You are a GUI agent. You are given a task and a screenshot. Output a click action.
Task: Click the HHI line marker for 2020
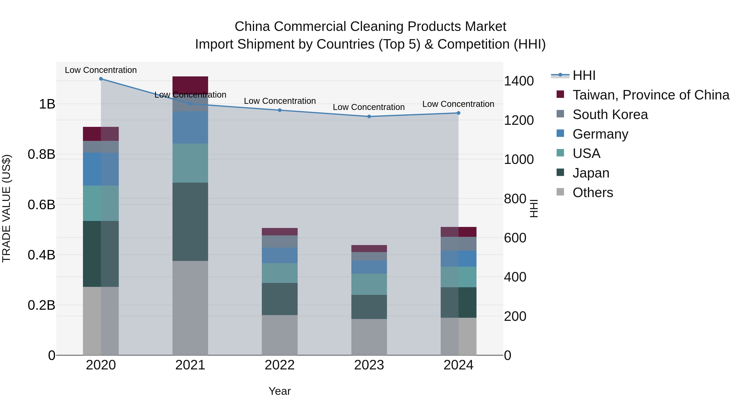coord(101,79)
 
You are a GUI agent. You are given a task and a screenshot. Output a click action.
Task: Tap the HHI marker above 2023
coord(369,117)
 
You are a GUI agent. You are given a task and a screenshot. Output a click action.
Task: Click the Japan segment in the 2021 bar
coord(190,222)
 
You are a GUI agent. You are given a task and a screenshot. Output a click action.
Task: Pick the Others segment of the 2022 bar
coord(280,335)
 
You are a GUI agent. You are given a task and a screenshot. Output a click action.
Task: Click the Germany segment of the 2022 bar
coord(280,255)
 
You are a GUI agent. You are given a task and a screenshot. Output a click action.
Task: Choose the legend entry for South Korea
coord(610,114)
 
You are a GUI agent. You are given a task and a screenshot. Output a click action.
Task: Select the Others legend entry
coord(593,193)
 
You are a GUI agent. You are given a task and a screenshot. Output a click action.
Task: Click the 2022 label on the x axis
coord(280,365)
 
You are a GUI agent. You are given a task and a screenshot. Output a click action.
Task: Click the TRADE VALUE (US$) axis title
coord(6,208)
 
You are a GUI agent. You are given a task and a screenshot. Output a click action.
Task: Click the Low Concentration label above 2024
coord(458,104)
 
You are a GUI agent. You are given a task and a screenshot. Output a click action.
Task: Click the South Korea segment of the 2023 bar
coord(369,256)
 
